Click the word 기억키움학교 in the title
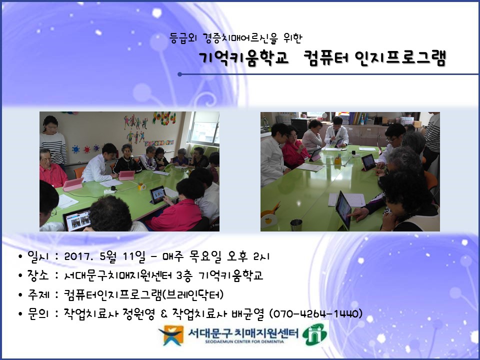click(x=243, y=58)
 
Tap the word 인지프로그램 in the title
click(x=400, y=58)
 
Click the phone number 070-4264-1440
click(x=315, y=314)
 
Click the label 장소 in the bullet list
click(x=38, y=275)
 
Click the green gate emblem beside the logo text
click(x=314, y=334)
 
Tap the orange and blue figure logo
click(x=171, y=335)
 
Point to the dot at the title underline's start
click(x=179, y=74)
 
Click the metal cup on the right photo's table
click(x=296, y=225)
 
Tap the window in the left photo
click(x=204, y=128)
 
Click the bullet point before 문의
click(x=20, y=314)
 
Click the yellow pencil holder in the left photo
click(x=141, y=186)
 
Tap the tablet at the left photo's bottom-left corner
click(x=77, y=219)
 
